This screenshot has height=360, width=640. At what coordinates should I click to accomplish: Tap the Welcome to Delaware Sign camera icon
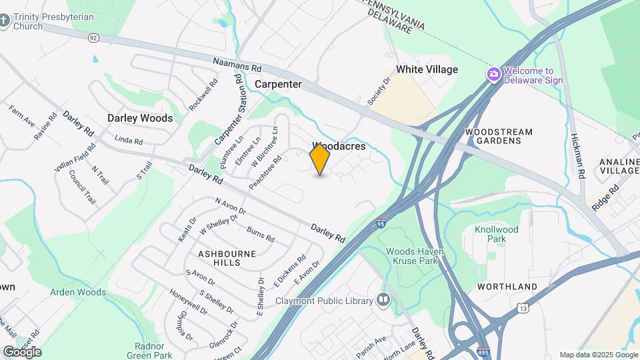(x=494, y=73)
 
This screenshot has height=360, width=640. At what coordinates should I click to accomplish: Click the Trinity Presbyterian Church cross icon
(x=5, y=20)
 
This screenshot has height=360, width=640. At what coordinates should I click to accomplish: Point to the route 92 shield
(x=93, y=38)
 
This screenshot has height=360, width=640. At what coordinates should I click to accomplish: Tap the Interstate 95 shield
(x=380, y=225)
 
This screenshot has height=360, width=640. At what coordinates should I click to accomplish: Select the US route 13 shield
(x=523, y=307)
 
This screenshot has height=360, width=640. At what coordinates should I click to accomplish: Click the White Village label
(x=427, y=69)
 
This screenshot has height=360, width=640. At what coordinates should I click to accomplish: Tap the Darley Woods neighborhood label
(x=140, y=118)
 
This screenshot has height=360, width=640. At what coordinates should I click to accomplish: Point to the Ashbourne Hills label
(x=219, y=258)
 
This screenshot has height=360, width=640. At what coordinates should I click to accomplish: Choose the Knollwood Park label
(x=496, y=233)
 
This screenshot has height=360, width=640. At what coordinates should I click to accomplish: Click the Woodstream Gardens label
(x=499, y=136)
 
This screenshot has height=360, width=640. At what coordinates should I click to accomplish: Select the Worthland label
(x=507, y=287)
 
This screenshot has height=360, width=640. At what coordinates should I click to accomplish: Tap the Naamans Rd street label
(x=237, y=66)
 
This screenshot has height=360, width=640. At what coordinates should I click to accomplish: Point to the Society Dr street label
(x=378, y=91)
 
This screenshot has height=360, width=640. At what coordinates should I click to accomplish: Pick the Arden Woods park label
(x=78, y=292)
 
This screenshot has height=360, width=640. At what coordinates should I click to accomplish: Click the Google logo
(x=21, y=351)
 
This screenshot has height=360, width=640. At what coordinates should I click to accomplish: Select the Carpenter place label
(x=278, y=85)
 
